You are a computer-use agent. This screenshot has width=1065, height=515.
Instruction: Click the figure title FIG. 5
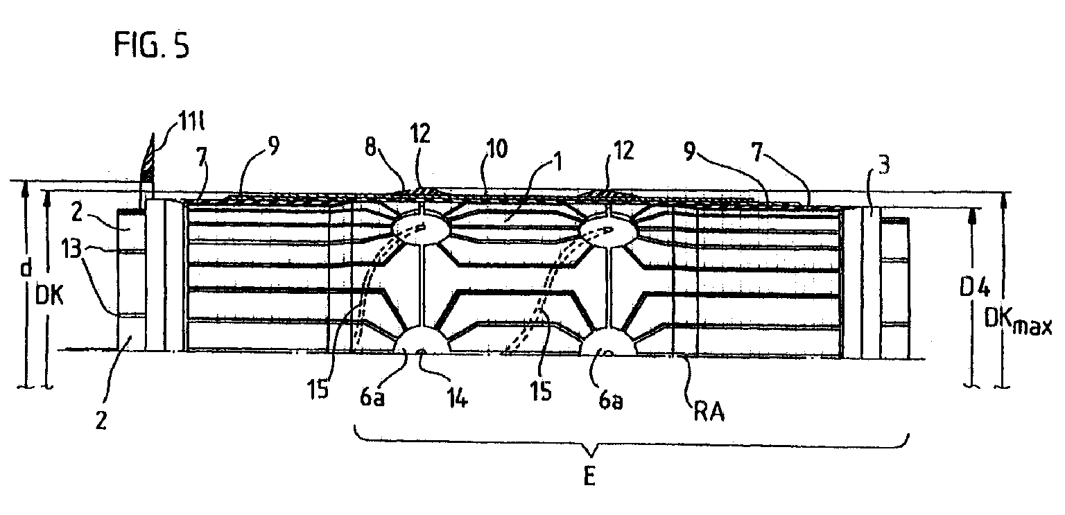[x=152, y=46]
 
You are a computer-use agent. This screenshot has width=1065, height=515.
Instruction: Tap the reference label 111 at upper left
[x=191, y=121]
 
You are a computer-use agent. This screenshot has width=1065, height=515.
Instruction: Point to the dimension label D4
[x=973, y=288]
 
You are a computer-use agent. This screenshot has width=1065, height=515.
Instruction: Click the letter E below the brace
[x=589, y=475]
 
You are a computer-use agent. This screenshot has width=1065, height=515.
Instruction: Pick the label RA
[x=709, y=412]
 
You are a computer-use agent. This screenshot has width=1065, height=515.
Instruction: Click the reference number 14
[x=456, y=398]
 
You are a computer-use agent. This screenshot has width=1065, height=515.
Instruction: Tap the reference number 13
[x=72, y=248]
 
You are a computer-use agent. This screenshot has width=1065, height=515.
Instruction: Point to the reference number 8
[x=372, y=147]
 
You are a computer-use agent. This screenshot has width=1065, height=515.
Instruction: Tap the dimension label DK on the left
[x=49, y=297]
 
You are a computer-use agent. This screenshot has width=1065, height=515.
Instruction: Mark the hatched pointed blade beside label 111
[x=148, y=165]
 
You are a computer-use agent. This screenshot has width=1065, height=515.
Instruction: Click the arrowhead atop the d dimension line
[x=25, y=189]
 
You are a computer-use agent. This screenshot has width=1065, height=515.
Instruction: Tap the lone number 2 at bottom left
[x=101, y=421]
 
